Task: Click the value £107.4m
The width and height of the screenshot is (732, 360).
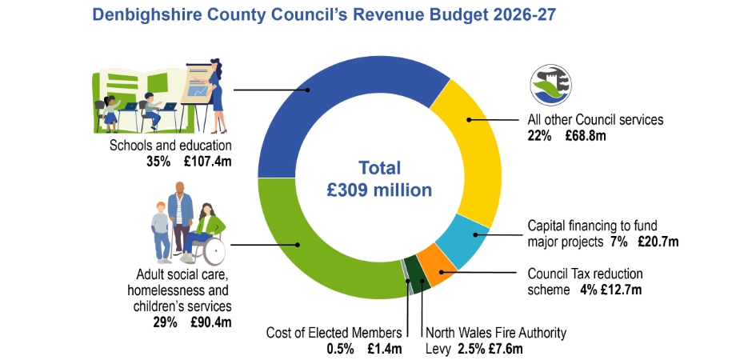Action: point(209,161)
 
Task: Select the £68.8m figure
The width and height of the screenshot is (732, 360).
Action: point(586,136)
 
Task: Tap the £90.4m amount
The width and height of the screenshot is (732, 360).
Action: point(210,322)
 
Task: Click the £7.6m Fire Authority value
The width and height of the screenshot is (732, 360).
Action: point(506,348)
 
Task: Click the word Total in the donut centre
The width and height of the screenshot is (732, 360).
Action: point(380,168)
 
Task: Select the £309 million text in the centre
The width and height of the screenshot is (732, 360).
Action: point(380,190)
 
